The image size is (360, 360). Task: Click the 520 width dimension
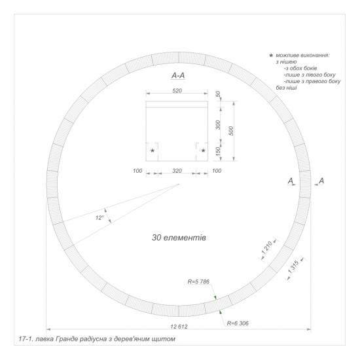click(177, 91)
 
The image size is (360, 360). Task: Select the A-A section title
click(178, 75)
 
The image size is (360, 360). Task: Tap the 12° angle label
click(100, 217)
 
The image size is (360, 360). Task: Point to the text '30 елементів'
click(179, 238)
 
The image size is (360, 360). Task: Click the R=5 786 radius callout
click(198, 281)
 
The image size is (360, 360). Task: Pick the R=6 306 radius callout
click(238, 323)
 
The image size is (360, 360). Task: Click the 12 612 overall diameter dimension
click(179, 326)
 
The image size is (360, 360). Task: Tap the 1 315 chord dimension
click(293, 267)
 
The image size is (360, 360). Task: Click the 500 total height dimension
click(231, 131)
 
